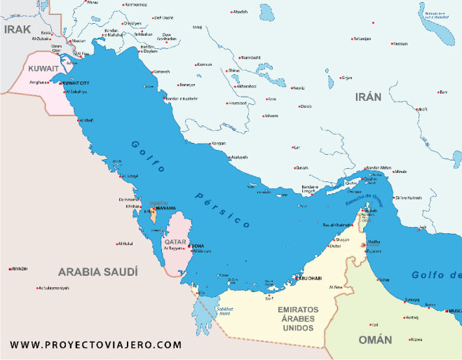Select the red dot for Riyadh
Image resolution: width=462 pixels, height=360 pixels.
click(x=11, y=269)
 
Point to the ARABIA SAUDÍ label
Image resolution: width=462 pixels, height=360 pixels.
click(x=98, y=272)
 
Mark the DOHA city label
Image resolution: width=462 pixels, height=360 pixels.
click(x=198, y=246)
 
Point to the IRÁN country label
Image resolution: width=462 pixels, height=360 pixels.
click(x=368, y=97)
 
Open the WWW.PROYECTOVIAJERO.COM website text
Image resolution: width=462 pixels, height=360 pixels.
click(x=97, y=345)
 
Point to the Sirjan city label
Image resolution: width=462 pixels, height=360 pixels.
click(x=346, y=78)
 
